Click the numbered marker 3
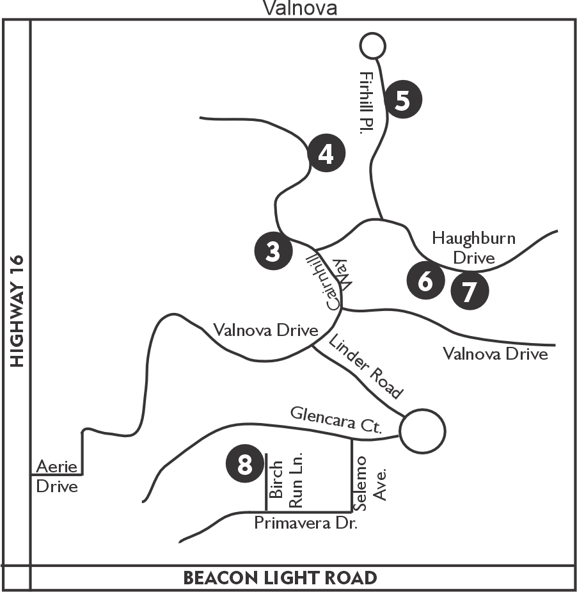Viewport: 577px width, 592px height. [x=273, y=252]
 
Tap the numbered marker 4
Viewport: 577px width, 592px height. [x=326, y=154]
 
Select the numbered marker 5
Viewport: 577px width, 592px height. [x=403, y=99]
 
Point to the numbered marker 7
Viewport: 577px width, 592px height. [x=470, y=291]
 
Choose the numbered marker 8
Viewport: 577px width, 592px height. [x=245, y=465]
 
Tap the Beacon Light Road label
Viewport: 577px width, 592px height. [x=280, y=578]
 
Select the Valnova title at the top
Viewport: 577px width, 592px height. [x=300, y=8]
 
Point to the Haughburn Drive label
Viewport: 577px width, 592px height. [x=473, y=248]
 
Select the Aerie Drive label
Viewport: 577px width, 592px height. [x=56, y=476]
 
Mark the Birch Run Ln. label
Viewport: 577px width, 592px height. [x=285, y=481]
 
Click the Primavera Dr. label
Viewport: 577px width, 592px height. [x=306, y=524]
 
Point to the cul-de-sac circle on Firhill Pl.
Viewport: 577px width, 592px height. [x=372, y=45]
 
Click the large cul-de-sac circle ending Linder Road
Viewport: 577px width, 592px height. [x=422, y=431]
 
